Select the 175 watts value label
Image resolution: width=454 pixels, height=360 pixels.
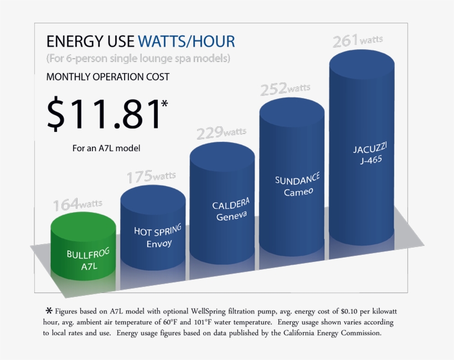[x=151, y=177]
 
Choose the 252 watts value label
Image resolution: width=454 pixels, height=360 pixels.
[x=286, y=88]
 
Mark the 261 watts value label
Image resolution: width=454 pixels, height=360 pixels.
[x=357, y=41]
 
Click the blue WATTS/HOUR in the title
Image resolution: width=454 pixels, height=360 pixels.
[x=186, y=42]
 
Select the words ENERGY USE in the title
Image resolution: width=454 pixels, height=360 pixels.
[x=90, y=42]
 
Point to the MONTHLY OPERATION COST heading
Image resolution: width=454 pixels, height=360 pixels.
[x=108, y=77]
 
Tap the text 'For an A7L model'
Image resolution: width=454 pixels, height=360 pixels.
[x=106, y=148]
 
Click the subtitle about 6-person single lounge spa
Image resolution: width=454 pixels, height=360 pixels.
[x=138, y=58]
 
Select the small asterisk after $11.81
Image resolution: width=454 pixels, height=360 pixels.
[x=164, y=104]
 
